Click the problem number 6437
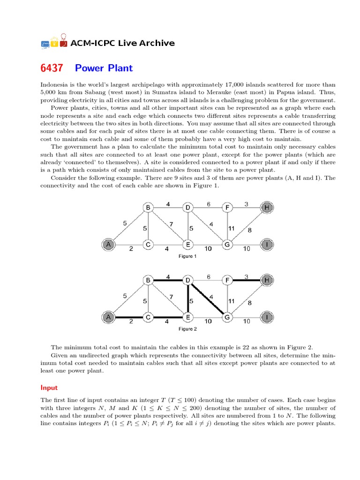52,68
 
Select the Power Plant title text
104,68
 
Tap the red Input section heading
49,388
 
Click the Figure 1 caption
187,256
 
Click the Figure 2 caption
187,329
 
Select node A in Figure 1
109,244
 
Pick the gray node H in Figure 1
267,208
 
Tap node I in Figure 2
267,317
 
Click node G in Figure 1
227,244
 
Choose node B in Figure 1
148,208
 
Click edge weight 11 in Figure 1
231,228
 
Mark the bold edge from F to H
247,280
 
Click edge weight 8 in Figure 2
249,303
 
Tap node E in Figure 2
187,317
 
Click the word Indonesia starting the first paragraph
55,85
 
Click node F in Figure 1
227,208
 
